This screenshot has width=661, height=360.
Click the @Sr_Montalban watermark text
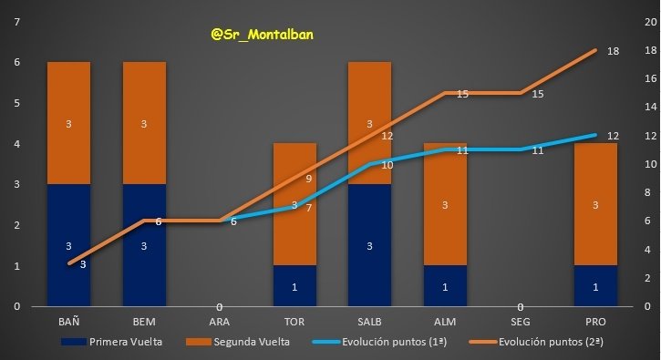click(261, 34)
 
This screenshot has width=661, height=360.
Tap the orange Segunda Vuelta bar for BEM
click(144, 123)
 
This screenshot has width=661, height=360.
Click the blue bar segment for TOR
click(294, 286)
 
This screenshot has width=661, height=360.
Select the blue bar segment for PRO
click(594, 286)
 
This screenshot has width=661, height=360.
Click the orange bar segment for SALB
click(369, 123)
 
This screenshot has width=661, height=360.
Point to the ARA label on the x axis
click(220, 323)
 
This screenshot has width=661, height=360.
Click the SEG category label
click(519, 323)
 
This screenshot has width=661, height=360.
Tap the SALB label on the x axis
click(369, 323)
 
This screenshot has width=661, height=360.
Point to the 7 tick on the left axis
click(16, 22)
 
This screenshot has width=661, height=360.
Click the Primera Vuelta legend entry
click(120, 342)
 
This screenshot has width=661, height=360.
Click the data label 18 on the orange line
click(614, 52)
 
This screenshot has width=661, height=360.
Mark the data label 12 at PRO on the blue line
click(614, 136)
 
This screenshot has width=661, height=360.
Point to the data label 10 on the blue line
click(387, 165)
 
